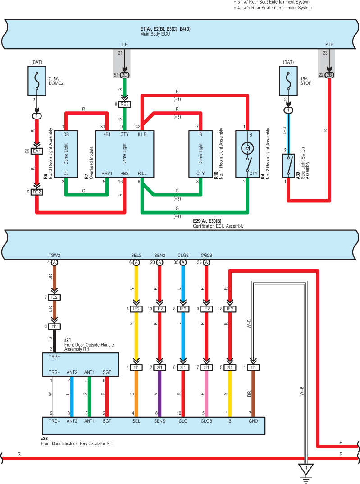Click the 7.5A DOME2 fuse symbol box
37,81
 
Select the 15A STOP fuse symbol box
288,81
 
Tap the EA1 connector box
36,151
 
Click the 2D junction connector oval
124,75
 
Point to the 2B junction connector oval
329,75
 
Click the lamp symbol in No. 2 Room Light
247,148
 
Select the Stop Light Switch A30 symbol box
288,166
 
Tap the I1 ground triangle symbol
305,469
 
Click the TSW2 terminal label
55,255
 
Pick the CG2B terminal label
206,255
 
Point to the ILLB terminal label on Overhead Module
142,134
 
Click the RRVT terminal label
107,174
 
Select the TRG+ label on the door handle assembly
55,356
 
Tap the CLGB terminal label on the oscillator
206,421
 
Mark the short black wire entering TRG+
55,341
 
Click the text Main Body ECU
155,34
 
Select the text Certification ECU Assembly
218,226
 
